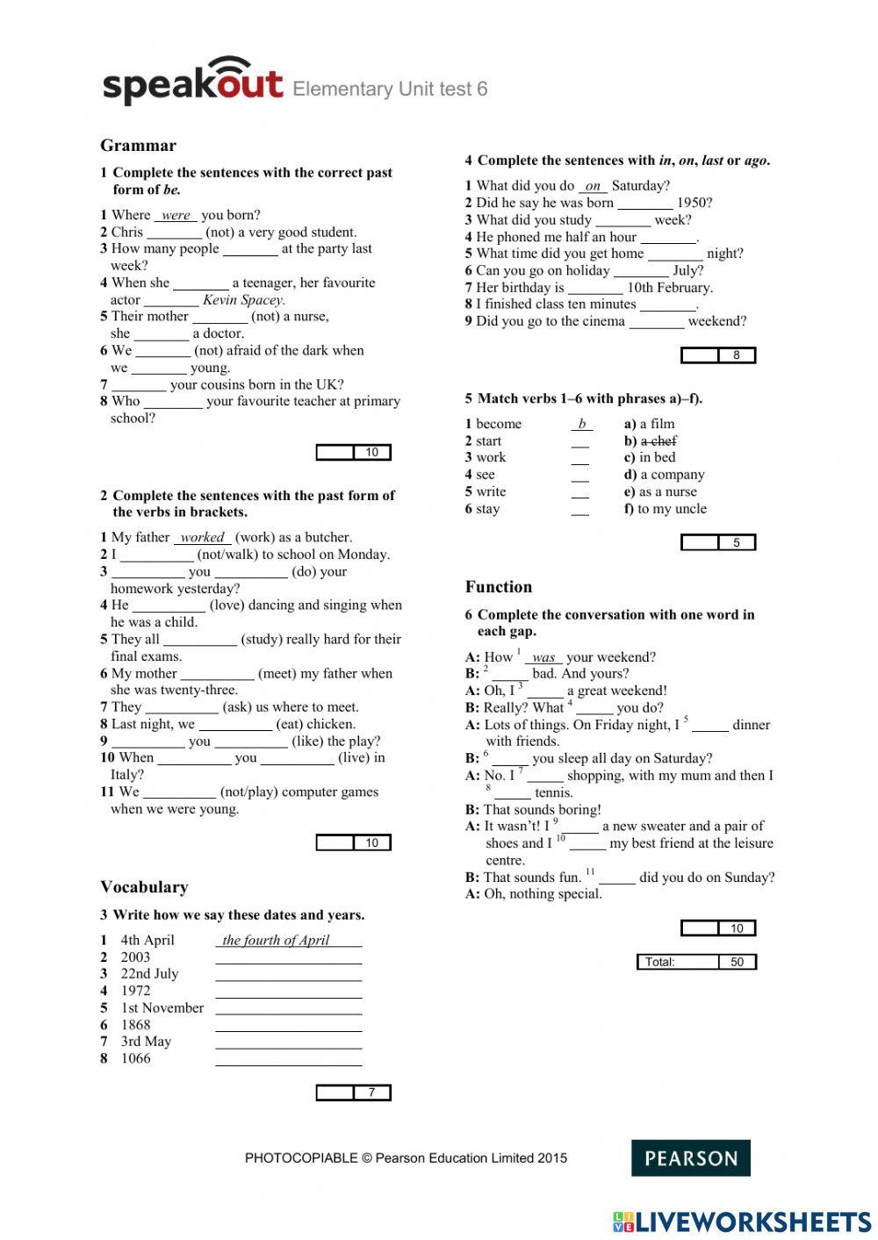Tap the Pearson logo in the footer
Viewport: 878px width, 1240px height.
(x=690, y=1158)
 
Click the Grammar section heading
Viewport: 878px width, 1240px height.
(x=138, y=146)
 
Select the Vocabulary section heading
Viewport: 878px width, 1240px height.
(x=144, y=886)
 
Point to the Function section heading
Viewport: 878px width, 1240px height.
(x=499, y=587)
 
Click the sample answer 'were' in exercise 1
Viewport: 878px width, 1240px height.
(x=176, y=215)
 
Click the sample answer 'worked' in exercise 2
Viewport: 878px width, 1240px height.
(x=202, y=537)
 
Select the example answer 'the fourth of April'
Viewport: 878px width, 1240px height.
(x=276, y=940)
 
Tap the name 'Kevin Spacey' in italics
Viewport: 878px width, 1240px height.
(x=243, y=299)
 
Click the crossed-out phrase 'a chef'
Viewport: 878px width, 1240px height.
(x=658, y=441)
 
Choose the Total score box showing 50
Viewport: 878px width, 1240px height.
(x=696, y=962)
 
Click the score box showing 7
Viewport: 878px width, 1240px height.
(x=354, y=1093)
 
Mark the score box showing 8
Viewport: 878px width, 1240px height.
(x=718, y=355)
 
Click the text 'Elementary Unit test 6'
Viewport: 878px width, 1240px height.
(x=390, y=89)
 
